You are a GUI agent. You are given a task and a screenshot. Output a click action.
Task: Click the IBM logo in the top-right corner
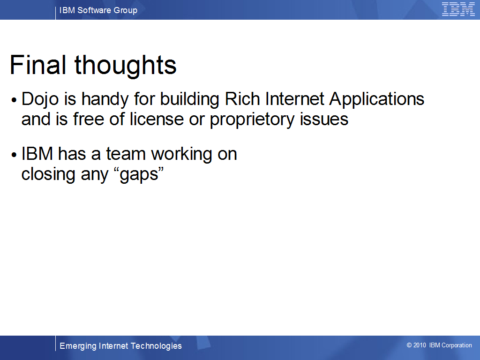tap(458, 9)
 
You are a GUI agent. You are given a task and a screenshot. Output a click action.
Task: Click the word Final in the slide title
tap(38, 65)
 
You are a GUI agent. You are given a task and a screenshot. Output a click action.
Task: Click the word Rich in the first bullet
tap(242, 99)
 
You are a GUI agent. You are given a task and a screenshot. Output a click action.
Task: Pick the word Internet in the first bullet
tap(294, 99)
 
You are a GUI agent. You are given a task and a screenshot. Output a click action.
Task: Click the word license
tap(157, 119)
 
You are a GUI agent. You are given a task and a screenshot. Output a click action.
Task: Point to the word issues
tap(324, 119)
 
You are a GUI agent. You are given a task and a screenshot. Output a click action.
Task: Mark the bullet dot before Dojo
tap(14, 100)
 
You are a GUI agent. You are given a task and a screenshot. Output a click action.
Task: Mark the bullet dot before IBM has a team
tap(14, 155)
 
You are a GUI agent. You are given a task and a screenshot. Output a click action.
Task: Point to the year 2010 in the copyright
tap(420, 345)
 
